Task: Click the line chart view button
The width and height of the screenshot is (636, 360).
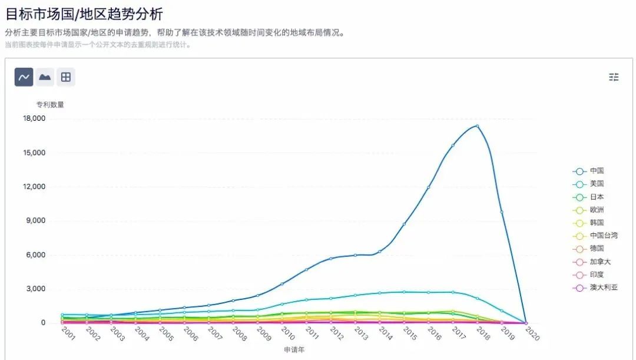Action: pyautogui.click(x=24, y=77)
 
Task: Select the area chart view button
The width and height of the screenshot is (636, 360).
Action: pyautogui.click(x=45, y=77)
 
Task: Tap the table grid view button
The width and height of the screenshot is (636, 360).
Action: pyautogui.click(x=66, y=77)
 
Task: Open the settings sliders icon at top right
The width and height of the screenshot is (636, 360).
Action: pyautogui.click(x=614, y=77)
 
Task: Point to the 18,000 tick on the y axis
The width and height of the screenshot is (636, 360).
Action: pyautogui.click(x=34, y=118)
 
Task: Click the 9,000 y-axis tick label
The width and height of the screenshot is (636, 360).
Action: pyautogui.click(x=36, y=221)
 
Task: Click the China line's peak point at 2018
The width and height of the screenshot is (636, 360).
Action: pyautogui.click(x=477, y=125)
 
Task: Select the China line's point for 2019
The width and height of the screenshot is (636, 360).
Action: pyautogui.click(x=502, y=212)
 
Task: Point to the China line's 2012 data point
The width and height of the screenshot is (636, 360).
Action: pyautogui.click(x=331, y=258)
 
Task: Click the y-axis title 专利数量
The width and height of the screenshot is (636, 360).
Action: pyautogui.click(x=50, y=105)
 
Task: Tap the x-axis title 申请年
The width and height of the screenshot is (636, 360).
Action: pyautogui.click(x=294, y=350)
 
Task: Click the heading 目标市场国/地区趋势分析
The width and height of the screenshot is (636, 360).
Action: pyautogui.click(x=84, y=14)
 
